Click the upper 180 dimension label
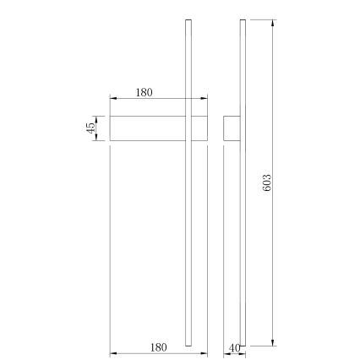pos(144,93)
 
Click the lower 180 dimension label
pos(158,346)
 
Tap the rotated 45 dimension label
pos(90,128)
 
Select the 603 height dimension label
pos(267,183)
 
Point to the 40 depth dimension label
pos(234,347)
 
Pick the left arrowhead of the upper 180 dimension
pos(113,100)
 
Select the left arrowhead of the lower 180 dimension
pos(113,353)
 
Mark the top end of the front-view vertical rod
pos(188,21)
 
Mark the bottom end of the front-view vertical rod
pos(188,344)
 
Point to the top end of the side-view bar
pos(243,21)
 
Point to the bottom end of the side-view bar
pos(243,344)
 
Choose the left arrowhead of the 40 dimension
pos(226,353)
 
